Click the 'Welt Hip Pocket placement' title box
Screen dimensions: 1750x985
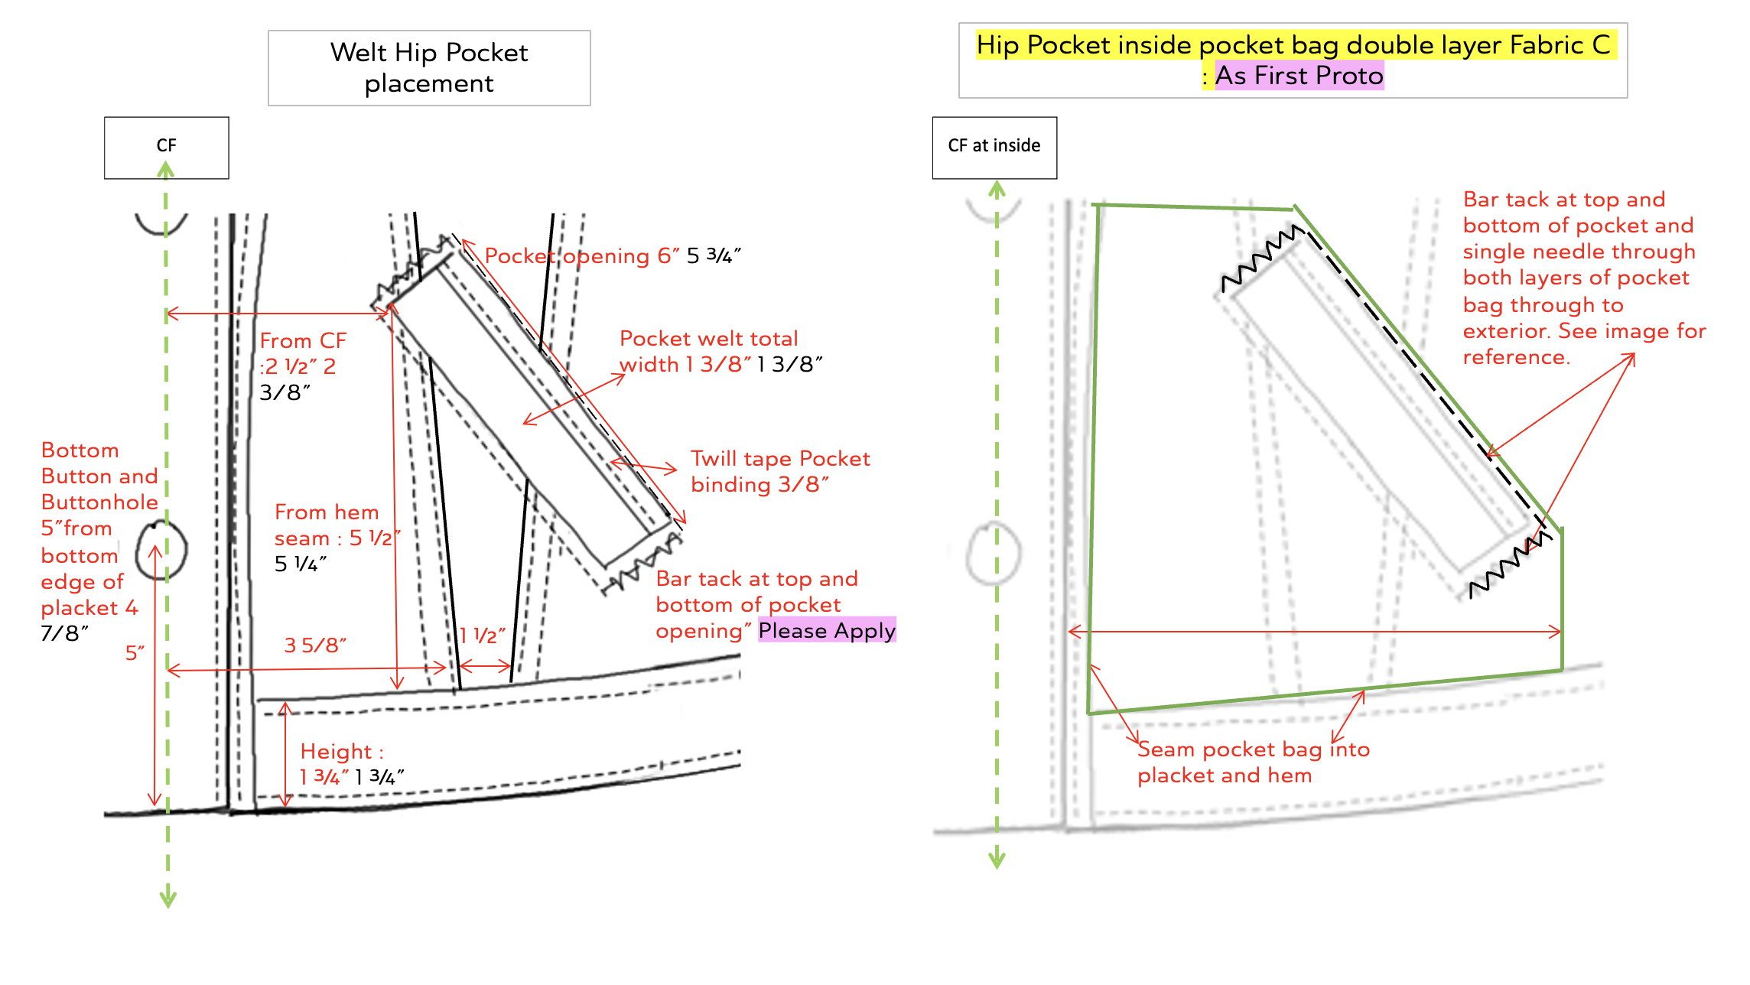click(x=429, y=68)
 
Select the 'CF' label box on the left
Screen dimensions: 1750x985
click(x=166, y=147)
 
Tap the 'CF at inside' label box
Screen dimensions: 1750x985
click(x=994, y=147)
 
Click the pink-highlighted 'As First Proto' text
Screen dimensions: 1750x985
click(x=1299, y=76)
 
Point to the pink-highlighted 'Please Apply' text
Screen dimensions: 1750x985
click(x=827, y=631)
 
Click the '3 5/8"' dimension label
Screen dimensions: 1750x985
click(x=315, y=645)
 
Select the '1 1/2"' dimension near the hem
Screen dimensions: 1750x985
click(x=483, y=636)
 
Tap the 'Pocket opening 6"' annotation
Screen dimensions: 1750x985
click(x=581, y=256)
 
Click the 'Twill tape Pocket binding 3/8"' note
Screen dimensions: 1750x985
click(x=780, y=471)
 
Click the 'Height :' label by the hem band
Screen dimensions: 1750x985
click(x=341, y=752)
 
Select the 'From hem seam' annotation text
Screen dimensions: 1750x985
click(x=327, y=525)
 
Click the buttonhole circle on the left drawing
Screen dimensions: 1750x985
click(x=161, y=550)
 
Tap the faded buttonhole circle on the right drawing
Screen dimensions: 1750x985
click(x=993, y=554)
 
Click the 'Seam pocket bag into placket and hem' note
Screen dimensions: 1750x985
click(x=1253, y=762)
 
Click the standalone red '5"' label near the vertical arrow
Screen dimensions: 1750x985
click(x=135, y=653)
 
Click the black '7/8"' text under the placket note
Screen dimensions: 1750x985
click(x=64, y=634)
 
